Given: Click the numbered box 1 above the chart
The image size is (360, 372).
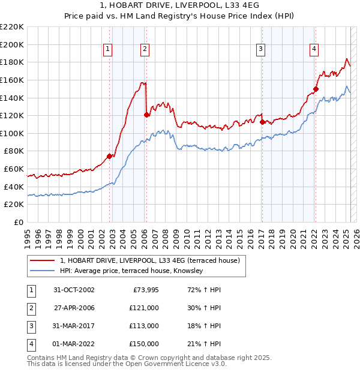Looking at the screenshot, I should [107, 50].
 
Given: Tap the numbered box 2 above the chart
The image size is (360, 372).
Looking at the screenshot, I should [145, 50].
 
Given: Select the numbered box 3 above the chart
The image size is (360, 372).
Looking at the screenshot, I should [262, 50].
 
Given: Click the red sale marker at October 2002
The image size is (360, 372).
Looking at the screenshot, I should [109, 156].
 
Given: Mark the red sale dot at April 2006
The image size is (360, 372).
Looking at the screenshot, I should [146, 114].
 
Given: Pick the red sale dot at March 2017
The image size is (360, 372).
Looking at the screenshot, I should [262, 121].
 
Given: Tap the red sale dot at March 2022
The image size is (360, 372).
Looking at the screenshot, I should [315, 88].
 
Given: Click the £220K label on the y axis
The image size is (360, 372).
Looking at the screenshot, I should [12, 27].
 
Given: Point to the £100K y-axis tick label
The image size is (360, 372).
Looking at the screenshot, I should [12, 133].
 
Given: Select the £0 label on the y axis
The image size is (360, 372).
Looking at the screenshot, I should [19, 222].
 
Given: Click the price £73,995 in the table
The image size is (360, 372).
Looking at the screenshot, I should [144, 289].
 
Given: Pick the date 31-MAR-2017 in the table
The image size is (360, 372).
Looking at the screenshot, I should [74, 326].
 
